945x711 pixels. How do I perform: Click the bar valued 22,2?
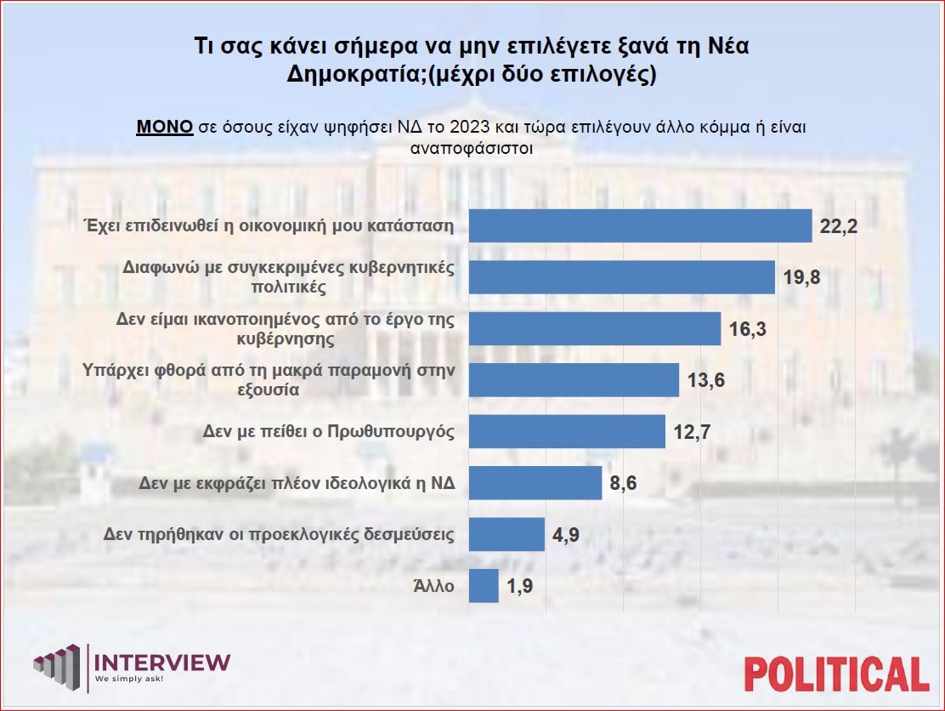(641, 226)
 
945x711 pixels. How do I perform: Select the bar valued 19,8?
(622, 277)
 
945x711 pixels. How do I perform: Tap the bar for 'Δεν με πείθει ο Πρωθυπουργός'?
(567, 431)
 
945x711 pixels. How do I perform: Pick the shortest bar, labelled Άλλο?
(484, 586)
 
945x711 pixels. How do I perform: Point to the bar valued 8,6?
(535, 483)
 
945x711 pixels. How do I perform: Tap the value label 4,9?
(569, 535)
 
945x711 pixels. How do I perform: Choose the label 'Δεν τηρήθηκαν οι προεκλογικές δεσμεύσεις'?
(280, 535)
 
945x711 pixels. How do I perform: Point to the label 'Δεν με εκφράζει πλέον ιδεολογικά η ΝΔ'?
(297, 483)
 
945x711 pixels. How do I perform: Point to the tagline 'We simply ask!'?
(128, 680)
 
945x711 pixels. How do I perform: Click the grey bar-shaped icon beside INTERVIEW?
(60, 668)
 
